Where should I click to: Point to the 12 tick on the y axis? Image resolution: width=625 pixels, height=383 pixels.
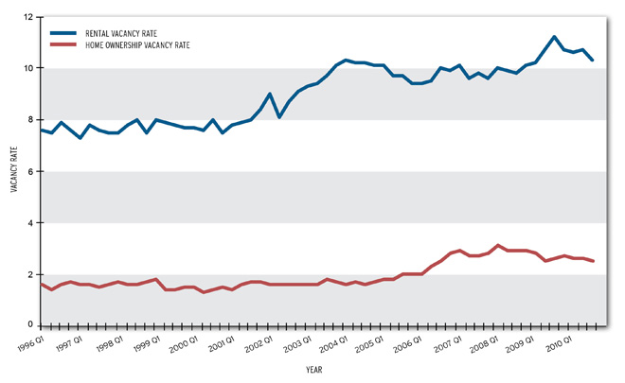[28, 17]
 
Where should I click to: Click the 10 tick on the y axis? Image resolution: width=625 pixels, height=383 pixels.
[28, 68]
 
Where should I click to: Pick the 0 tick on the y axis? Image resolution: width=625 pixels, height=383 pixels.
[31, 325]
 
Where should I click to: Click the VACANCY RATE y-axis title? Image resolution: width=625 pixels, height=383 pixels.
[13, 171]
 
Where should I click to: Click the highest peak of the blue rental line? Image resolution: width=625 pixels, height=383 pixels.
[554, 37]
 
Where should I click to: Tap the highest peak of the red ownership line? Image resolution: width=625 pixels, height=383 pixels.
[498, 245]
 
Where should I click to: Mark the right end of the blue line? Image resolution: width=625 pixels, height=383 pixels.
[593, 61]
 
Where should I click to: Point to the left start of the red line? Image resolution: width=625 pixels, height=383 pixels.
[41, 284]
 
